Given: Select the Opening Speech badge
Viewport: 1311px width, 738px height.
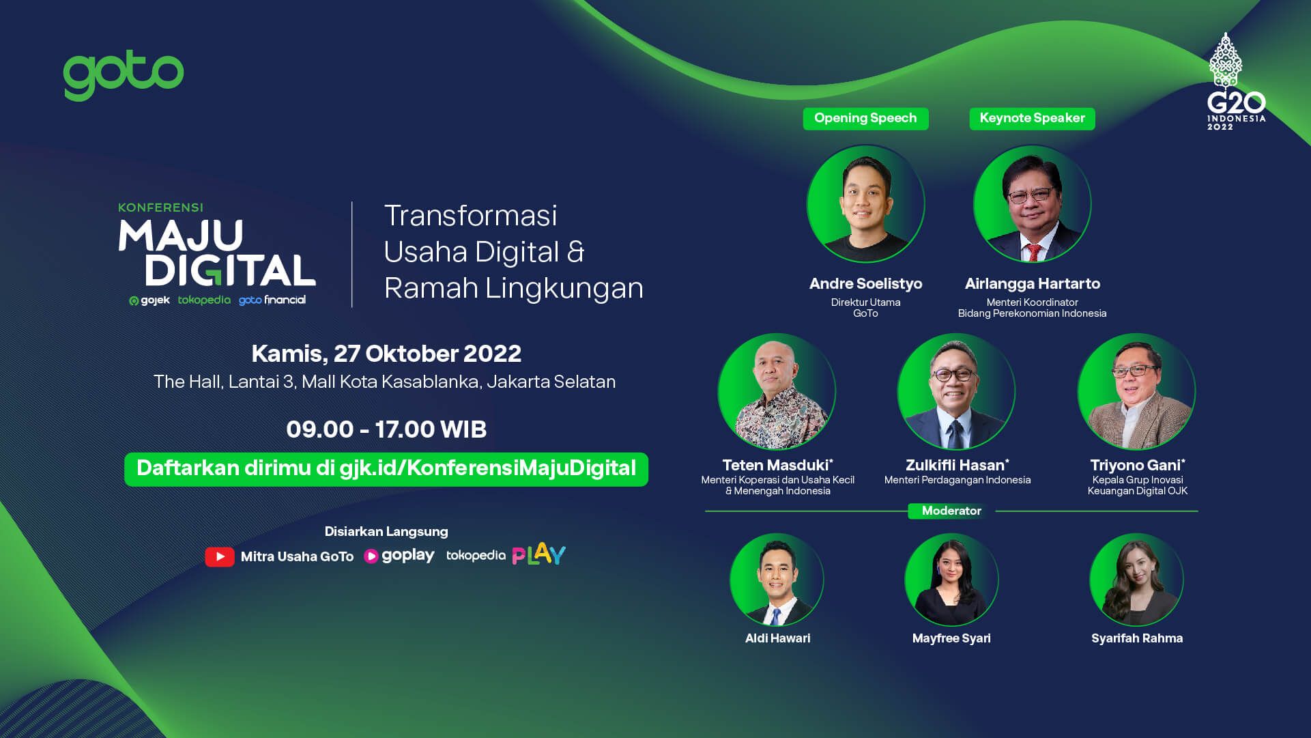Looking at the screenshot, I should coord(865,118).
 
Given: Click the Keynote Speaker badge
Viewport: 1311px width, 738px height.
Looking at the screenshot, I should coord(1032,118).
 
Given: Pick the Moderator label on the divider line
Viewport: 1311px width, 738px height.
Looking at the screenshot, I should coord(951,511).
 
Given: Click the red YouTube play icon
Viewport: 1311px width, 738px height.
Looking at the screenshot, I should coord(220,557).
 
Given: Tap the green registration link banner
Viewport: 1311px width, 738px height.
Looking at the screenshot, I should coord(386,469).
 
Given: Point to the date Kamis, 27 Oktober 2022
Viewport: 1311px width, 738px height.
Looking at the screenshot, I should coord(386,354).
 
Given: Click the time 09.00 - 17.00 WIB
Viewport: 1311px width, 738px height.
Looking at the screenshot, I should coord(386,429).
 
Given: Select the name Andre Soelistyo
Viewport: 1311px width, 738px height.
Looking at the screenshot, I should coord(865,284).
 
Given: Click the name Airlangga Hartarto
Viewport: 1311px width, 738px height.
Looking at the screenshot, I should coord(1032,284).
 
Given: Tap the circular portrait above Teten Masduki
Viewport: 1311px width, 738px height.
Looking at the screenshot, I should coord(777,391).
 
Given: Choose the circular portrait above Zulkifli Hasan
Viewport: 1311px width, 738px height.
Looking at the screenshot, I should coord(956,391).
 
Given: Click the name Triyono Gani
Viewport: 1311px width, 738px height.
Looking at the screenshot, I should coord(1137,466).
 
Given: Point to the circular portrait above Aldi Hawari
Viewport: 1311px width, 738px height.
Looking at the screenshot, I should coord(777,580).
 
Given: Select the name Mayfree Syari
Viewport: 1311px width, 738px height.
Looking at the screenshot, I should coord(951,638).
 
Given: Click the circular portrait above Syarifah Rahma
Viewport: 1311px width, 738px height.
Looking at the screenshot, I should coord(1136,580).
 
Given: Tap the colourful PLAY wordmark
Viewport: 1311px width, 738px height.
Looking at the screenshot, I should coord(539,554).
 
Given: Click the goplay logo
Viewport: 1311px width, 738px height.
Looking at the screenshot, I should coord(399,556).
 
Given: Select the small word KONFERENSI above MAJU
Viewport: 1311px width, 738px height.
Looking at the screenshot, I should coord(160,208).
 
